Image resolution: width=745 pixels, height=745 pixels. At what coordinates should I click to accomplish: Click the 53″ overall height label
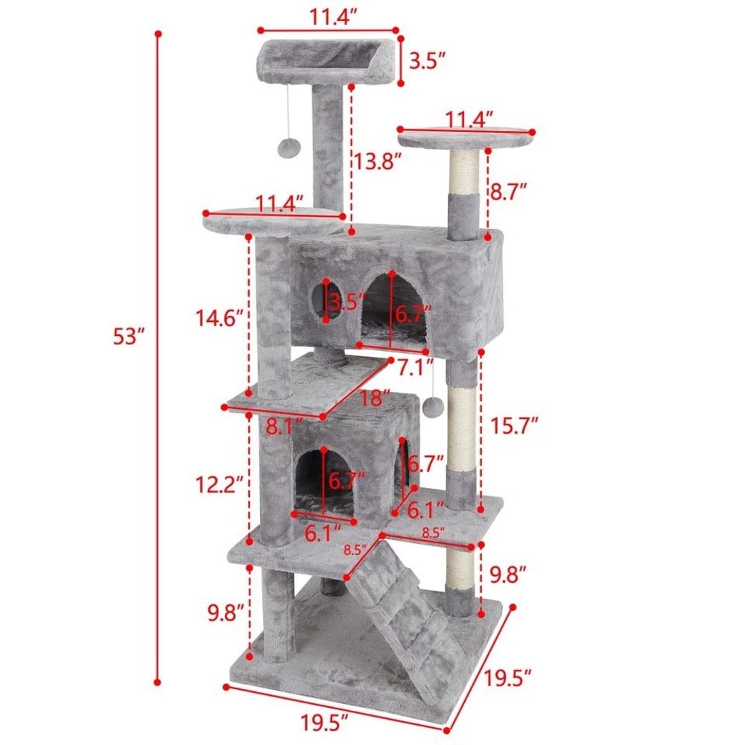[x=128, y=336]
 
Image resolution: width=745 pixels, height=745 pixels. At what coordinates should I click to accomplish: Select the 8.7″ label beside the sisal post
[x=510, y=191]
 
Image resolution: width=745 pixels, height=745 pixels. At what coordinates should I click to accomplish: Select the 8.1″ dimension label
[x=282, y=427]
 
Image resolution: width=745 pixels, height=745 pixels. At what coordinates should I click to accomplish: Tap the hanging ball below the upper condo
[x=432, y=406]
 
